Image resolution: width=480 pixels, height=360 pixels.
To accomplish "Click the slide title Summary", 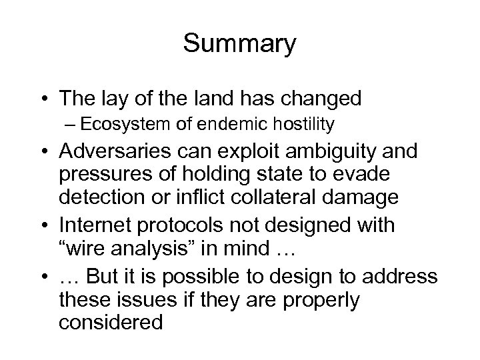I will [x=240, y=45].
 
